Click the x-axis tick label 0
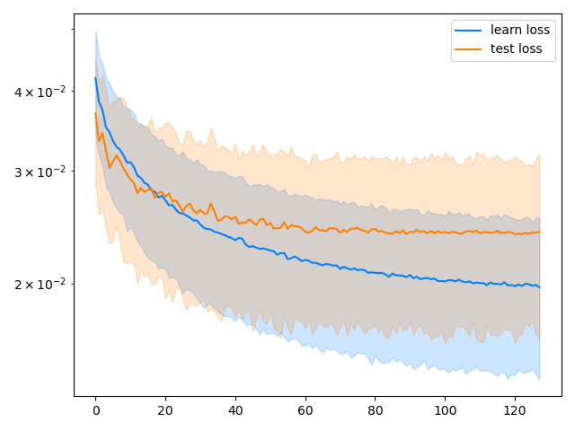(x=95, y=410)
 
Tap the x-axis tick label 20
(x=165, y=410)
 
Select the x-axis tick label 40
(x=235, y=410)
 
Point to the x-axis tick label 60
(x=305, y=410)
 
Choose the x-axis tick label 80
(x=375, y=410)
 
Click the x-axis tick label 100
(x=445, y=410)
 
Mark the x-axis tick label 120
(x=515, y=410)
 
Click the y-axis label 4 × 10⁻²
(x=41, y=92)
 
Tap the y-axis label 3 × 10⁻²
(x=41, y=172)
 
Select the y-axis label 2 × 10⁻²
(x=41, y=284)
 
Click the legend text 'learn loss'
(x=521, y=30)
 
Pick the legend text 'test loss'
(x=517, y=48)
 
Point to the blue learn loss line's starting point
(x=95, y=77)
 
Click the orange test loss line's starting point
(x=95, y=112)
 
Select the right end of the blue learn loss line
(x=540, y=287)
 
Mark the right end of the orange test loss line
(x=540, y=232)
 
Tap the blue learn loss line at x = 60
(x=305, y=261)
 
